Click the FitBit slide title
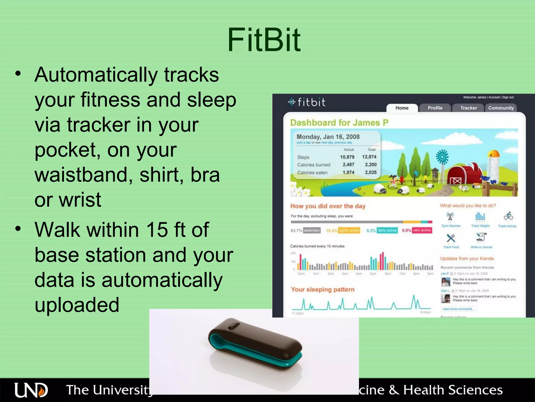click(264, 40)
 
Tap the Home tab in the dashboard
click(402, 108)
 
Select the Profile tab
click(435, 108)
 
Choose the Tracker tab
click(468, 108)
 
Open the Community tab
click(501, 108)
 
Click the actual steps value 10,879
click(347, 157)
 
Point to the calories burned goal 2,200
click(371, 165)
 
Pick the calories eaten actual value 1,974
click(348, 172)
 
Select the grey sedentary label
click(312, 230)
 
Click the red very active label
click(422, 230)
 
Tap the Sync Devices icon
click(450, 217)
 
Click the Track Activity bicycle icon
click(508, 216)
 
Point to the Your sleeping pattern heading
click(323, 289)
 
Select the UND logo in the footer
click(31, 390)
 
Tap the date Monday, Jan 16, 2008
click(328, 137)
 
